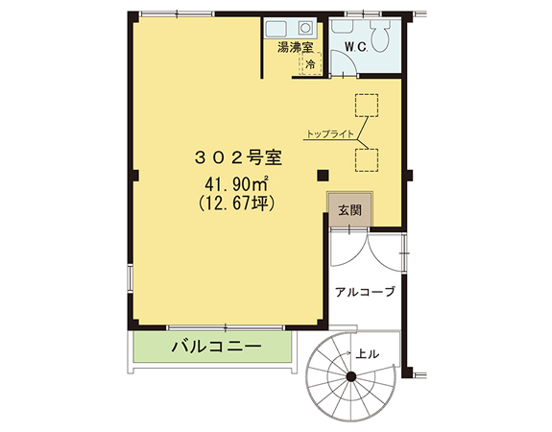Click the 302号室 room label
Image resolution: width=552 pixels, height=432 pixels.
point(238,157)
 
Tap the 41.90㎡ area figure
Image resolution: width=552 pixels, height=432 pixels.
point(237,183)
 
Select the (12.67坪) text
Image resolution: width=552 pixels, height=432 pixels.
point(236,204)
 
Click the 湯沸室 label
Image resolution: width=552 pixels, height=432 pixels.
point(295,47)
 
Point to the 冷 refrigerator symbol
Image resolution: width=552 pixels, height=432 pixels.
point(310,63)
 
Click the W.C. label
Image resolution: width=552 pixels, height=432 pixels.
point(356,47)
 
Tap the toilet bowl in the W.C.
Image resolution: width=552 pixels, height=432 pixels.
point(380,36)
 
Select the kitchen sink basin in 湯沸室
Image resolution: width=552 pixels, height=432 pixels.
point(276,28)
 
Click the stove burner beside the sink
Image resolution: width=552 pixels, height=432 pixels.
point(305,28)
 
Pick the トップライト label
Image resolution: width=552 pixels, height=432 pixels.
point(330,133)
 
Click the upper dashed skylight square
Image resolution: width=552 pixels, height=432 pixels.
point(367,106)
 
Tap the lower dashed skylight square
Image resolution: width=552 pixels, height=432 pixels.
point(367,160)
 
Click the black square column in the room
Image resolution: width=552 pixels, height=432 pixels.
point(323,176)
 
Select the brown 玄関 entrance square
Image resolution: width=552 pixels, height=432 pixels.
point(349,210)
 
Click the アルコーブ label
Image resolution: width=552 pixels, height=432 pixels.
point(365,292)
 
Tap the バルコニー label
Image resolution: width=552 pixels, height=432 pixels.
point(217,347)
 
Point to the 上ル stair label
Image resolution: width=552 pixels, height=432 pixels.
point(367,354)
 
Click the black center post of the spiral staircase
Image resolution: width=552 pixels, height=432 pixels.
point(351,376)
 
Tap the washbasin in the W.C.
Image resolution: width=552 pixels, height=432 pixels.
point(343,27)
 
